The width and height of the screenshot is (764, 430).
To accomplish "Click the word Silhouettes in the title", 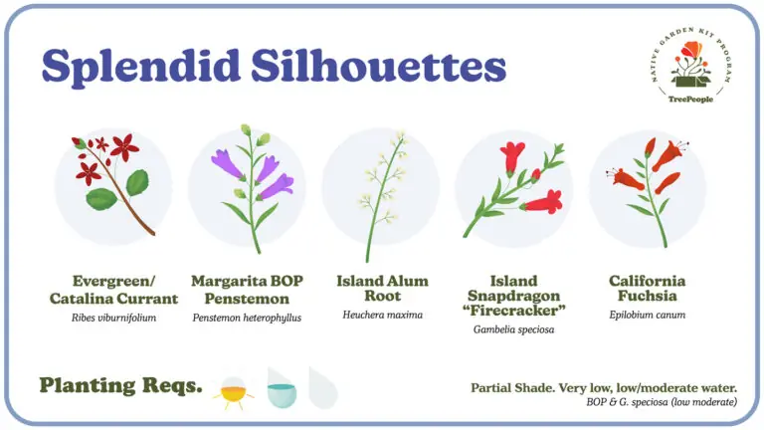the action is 379,65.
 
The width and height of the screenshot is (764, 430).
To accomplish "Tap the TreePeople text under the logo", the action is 690,99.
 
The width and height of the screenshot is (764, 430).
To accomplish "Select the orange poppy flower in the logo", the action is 692,49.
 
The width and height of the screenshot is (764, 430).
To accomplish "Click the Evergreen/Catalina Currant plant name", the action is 114,290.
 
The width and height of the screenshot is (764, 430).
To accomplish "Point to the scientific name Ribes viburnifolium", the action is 114,318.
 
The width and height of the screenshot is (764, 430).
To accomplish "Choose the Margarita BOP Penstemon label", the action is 247,290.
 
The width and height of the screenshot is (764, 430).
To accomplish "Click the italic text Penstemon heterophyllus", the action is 247,318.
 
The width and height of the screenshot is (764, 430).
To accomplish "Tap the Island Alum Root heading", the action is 382,288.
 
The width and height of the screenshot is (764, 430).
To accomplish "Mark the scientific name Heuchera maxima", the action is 382,315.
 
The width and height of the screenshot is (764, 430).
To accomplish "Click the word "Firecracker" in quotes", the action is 514,311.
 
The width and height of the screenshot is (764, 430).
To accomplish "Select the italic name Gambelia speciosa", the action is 513,329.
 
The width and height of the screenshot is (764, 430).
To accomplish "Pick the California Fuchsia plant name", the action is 647,288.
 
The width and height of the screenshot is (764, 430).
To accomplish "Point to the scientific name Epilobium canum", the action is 647,315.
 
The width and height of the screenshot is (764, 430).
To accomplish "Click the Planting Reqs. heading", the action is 120,385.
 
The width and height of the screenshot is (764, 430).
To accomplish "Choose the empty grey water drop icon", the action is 323,388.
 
